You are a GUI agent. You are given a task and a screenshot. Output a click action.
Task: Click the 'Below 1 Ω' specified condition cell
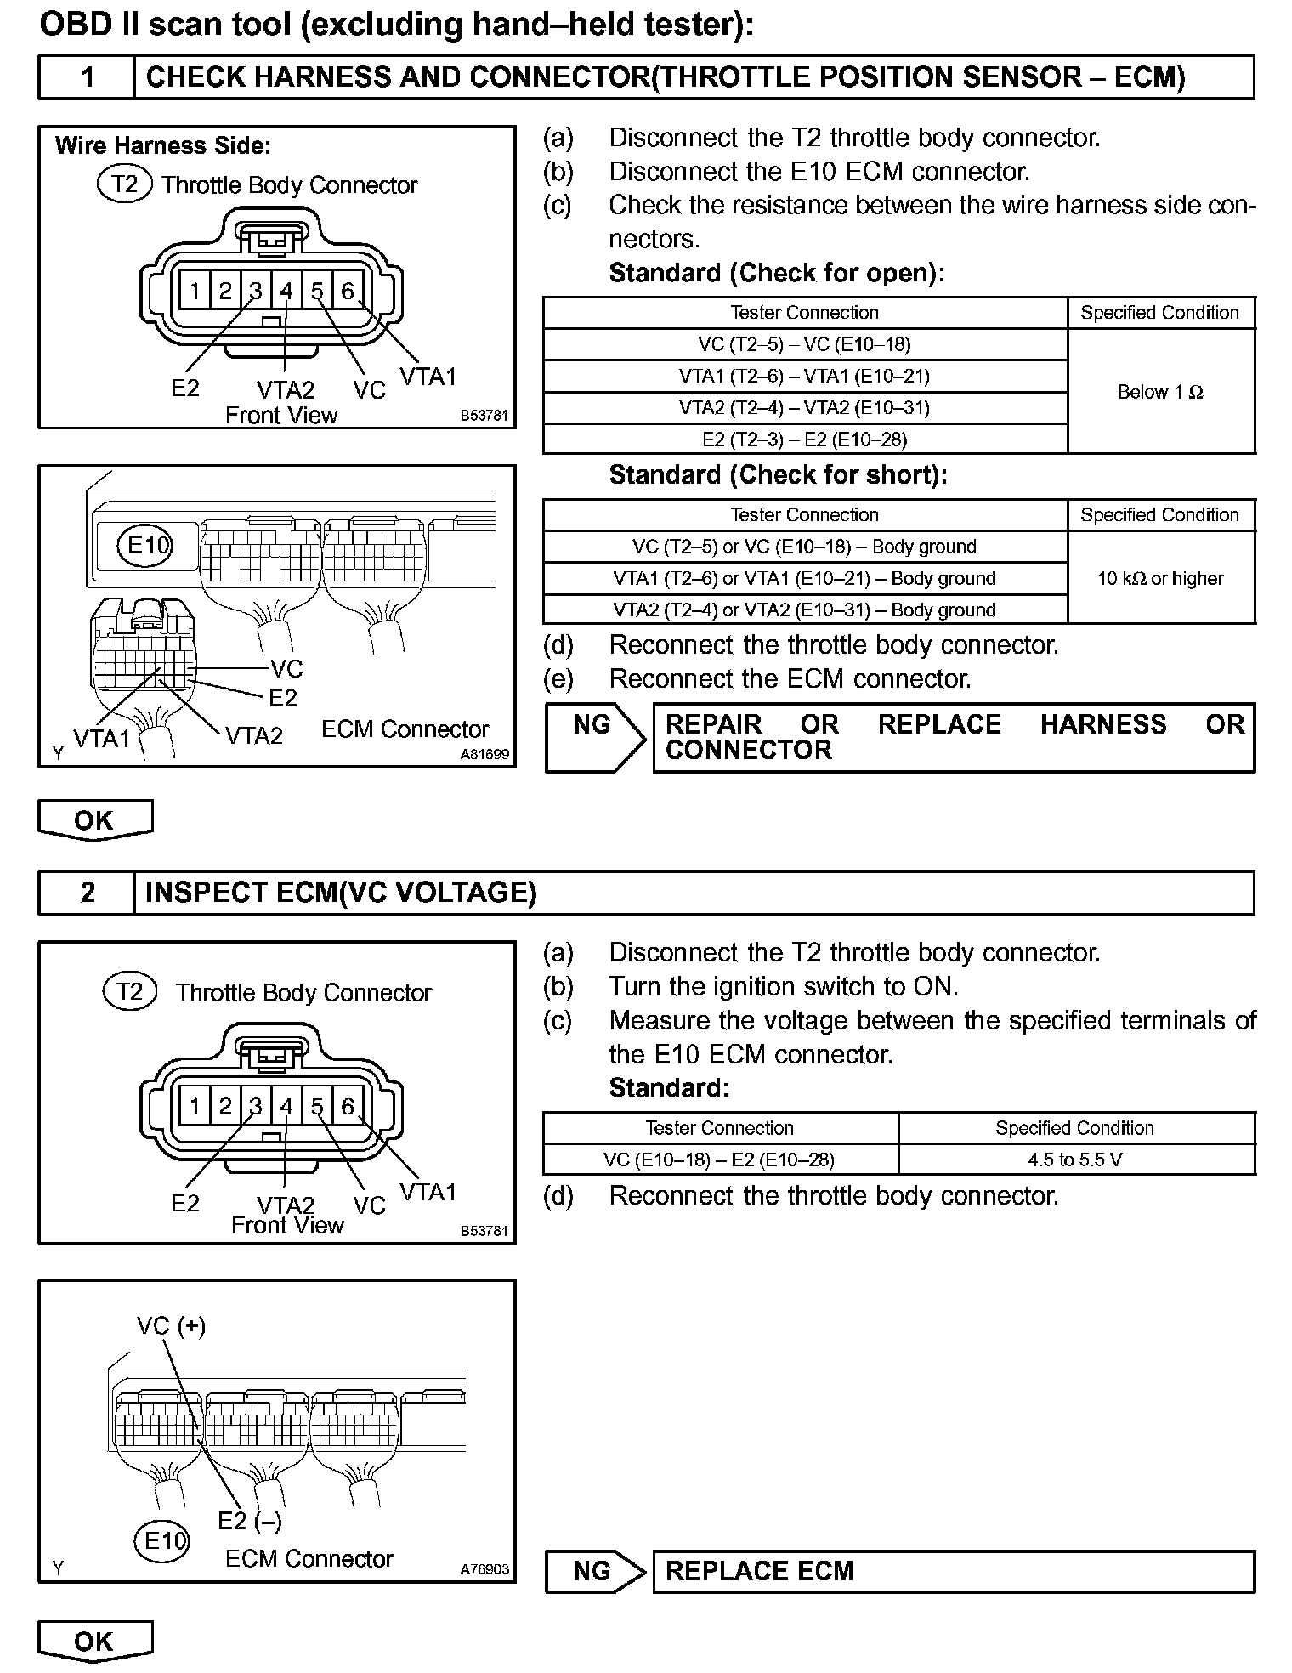tap(1160, 392)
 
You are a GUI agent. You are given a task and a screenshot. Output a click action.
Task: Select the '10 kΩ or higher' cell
tap(1160, 578)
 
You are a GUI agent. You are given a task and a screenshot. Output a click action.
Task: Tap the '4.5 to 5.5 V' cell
tap(1075, 1160)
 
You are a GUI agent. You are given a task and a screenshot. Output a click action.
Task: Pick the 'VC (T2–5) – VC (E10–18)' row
tap(804, 344)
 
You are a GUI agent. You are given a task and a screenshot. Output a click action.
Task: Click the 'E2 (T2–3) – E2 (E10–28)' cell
tap(804, 440)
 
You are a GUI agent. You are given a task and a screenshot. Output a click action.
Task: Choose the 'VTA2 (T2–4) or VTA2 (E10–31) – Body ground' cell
tap(804, 610)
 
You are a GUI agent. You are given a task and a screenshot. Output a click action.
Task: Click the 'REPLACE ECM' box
tap(953, 1571)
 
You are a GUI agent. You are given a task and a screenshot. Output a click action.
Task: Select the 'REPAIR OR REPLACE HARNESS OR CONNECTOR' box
tap(953, 737)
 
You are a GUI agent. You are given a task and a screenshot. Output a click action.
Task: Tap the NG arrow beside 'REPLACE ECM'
tap(594, 1571)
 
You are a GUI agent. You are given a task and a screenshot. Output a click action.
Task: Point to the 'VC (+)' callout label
tap(171, 1326)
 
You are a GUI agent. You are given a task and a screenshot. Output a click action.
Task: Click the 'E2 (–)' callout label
tap(249, 1520)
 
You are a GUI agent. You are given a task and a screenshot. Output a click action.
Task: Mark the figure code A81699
tap(484, 754)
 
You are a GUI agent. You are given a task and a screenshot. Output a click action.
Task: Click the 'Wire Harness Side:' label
tap(163, 146)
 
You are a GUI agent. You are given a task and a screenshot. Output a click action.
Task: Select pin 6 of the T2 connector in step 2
tap(347, 1106)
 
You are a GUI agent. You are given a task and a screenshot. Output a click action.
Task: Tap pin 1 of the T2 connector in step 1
tap(195, 292)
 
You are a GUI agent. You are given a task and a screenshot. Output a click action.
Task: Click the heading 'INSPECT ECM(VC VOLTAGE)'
tap(341, 893)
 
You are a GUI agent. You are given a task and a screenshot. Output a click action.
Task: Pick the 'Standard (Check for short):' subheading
tap(778, 474)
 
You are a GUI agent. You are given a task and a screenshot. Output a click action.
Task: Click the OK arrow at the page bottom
tap(94, 1641)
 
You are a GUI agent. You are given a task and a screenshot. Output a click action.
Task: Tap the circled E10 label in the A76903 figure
tap(162, 1540)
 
